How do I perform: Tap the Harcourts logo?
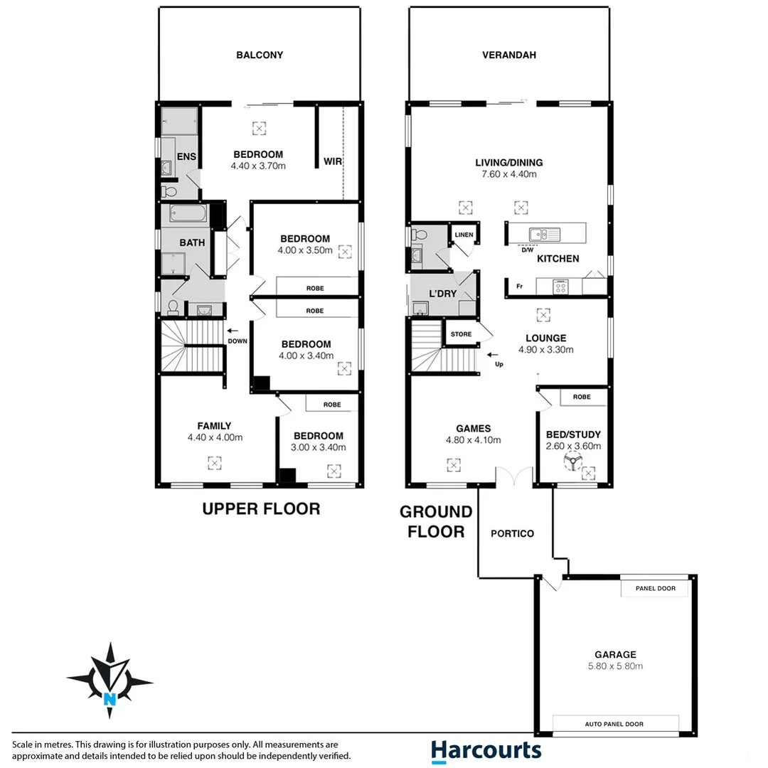486,750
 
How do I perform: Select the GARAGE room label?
615,654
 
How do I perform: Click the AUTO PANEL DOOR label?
615,724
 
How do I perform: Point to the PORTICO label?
512,533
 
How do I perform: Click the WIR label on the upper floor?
333,161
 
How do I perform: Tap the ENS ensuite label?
186,156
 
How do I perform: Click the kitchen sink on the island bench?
545,233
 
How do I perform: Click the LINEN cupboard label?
464,235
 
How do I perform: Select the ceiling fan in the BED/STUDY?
572,464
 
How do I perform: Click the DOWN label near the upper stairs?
238,341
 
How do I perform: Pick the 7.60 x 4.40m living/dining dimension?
506,174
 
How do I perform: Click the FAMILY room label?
214,426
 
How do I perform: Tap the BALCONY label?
260,55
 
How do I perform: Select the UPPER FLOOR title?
261,508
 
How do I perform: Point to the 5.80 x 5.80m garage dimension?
615,666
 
